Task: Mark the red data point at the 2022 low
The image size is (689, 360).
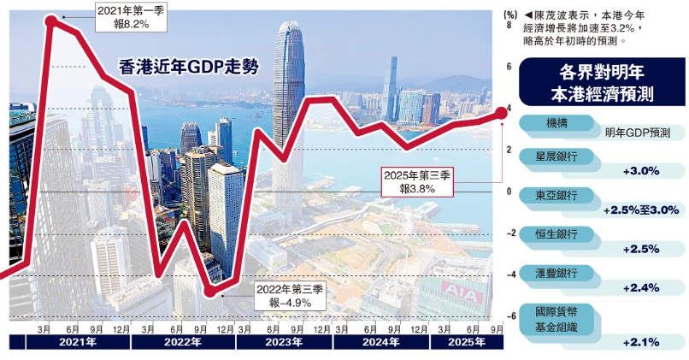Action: [210, 292]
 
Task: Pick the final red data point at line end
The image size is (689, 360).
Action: [502, 112]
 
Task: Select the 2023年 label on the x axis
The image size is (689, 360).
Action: [283, 342]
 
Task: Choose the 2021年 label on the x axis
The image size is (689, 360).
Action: [78, 342]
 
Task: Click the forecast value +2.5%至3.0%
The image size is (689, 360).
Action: [640, 210]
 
